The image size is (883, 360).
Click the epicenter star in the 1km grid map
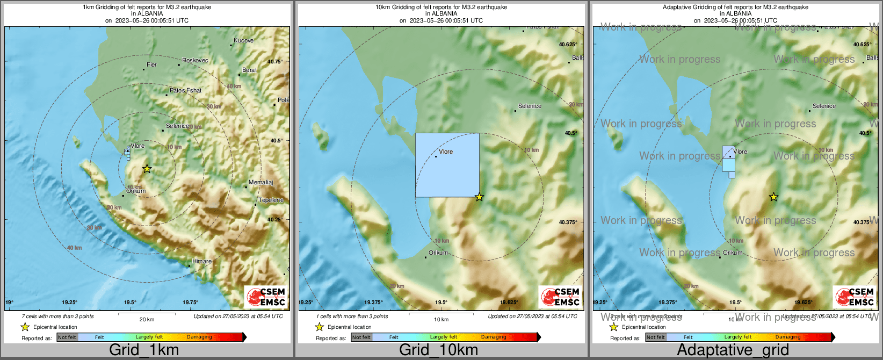coord(147,169)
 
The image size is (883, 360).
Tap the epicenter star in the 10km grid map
coord(479,197)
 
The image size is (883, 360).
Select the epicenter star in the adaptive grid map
coord(773,197)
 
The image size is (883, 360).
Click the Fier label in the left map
coord(152,64)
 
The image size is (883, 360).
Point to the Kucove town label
coord(243,40)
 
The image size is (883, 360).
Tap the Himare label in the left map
coord(202,261)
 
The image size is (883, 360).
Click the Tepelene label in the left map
coord(271,200)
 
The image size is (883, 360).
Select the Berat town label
coord(249,70)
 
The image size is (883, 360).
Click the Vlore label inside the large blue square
coord(446,152)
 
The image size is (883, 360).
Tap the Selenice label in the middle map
coord(530,106)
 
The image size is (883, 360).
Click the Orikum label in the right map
coord(733,253)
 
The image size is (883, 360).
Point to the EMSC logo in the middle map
coord(561,297)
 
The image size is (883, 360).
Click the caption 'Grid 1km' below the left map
coord(144,350)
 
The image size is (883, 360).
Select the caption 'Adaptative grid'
coord(733,350)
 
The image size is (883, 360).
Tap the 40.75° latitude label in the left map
coord(275,61)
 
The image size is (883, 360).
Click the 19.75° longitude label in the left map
coord(190,303)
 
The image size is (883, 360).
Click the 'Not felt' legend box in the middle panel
coord(361,337)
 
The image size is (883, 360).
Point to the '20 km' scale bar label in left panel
coord(147,319)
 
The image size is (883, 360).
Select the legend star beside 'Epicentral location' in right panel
coord(613,327)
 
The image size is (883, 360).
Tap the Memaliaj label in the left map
coord(260,182)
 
